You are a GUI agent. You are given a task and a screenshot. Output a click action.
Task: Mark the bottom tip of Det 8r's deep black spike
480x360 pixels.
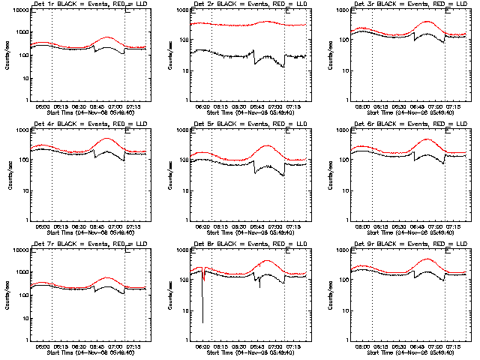pyautogui.click(x=202, y=322)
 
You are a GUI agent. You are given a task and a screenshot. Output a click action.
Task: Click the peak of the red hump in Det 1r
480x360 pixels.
pyautogui.click(x=109, y=37)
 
